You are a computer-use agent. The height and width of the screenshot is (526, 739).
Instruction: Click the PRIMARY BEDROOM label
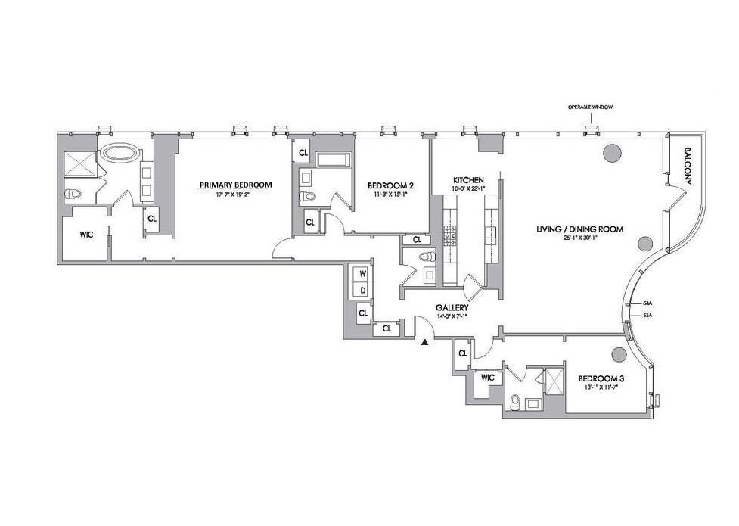235,185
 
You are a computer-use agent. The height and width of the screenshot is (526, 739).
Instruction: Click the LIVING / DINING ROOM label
580,229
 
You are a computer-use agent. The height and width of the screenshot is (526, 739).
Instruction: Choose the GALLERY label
452,308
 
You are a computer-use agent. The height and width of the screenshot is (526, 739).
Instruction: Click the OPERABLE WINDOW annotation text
590,108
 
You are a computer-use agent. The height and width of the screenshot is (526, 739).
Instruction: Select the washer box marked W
363,273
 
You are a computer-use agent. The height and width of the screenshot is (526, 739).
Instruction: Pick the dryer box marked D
363,289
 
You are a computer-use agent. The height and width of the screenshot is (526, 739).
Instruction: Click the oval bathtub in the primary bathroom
121,154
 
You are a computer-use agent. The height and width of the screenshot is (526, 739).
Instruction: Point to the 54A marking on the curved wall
647,303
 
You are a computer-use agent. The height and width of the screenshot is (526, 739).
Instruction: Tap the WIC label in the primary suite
86,235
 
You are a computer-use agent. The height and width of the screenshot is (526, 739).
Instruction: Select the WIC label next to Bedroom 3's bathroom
487,377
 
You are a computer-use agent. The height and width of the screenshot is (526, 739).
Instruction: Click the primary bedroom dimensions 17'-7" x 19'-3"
235,195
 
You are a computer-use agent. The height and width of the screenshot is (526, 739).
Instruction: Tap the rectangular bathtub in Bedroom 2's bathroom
332,160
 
